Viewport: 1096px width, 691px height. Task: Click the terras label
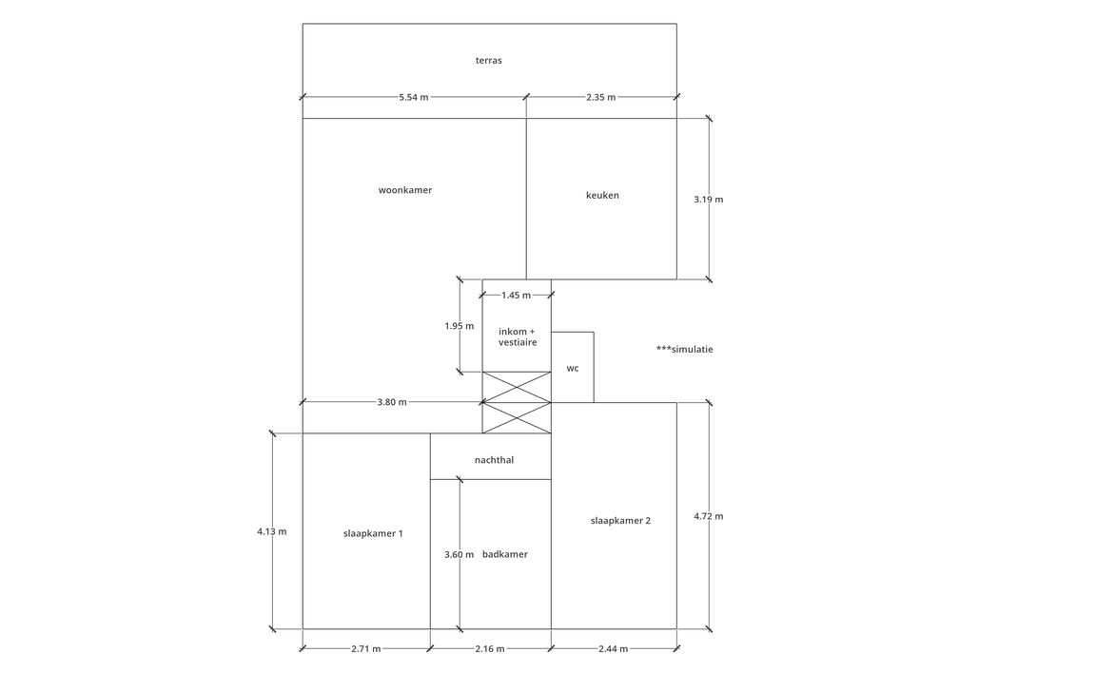489,61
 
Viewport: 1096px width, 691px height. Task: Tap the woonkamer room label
405,190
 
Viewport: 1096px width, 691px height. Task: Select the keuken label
602,196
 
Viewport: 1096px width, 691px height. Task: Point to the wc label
573,369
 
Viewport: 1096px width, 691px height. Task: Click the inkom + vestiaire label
518,337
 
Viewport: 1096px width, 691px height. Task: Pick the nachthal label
494,460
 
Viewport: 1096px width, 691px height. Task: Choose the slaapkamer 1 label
373,534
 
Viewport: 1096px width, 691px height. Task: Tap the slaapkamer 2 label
620,521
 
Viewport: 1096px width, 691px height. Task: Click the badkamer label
505,554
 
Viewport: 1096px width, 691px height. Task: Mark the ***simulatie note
685,349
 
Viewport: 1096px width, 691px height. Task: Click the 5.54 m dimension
414,97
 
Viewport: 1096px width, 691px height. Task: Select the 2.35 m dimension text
601,97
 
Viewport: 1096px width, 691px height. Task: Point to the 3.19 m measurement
709,200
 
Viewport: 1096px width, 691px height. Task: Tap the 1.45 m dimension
516,296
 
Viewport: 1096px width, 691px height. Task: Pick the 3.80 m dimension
392,402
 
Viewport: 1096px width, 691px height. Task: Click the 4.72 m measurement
709,516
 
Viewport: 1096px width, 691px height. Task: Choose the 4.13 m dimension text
272,532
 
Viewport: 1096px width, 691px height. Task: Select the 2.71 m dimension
366,649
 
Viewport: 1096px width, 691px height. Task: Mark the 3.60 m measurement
460,555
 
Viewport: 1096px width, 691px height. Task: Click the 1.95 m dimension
460,326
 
